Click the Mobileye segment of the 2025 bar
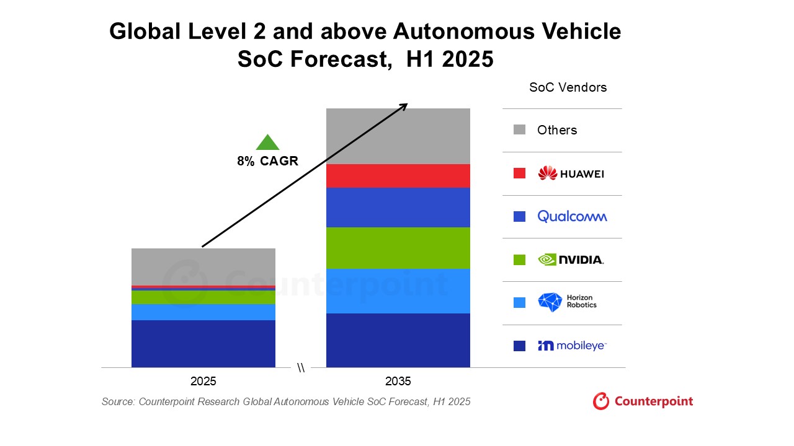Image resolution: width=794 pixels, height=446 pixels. pyautogui.click(x=203, y=343)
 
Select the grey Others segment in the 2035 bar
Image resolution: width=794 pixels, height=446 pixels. pyautogui.click(x=398, y=136)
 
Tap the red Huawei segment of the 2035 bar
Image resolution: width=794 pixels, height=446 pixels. pyautogui.click(x=398, y=176)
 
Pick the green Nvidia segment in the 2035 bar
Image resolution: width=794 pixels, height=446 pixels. pyautogui.click(x=398, y=248)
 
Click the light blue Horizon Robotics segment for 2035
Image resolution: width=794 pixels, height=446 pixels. pyautogui.click(x=398, y=291)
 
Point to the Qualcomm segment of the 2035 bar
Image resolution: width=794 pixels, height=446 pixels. pyautogui.click(x=398, y=207)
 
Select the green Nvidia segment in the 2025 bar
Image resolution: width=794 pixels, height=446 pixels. pyautogui.click(x=203, y=297)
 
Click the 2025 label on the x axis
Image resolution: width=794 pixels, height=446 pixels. pyautogui.click(x=203, y=381)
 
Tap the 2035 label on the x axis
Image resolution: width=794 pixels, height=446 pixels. pyautogui.click(x=398, y=381)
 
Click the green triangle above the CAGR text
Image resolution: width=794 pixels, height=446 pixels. pyautogui.click(x=267, y=143)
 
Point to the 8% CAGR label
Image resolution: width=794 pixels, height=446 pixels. pyautogui.click(x=267, y=161)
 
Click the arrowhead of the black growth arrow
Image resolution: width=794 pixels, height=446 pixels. pyautogui.click(x=404, y=105)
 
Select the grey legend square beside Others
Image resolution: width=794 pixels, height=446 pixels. pyautogui.click(x=519, y=129)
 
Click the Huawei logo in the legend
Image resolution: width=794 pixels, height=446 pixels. pyautogui.click(x=571, y=173)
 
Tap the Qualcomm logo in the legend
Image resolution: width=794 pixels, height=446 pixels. pyautogui.click(x=572, y=216)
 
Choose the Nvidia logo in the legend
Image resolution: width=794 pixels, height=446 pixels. pyautogui.click(x=571, y=260)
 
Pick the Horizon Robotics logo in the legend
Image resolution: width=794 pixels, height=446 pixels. pyautogui.click(x=567, y=302)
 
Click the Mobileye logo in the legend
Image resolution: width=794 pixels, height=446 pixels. pyautogui.click(x=571, y=346)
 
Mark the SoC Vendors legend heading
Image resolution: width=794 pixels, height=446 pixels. pyautogui.click(x=568, y=87)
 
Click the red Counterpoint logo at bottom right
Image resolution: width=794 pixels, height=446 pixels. pyautogui.click(x=643, y=401)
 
